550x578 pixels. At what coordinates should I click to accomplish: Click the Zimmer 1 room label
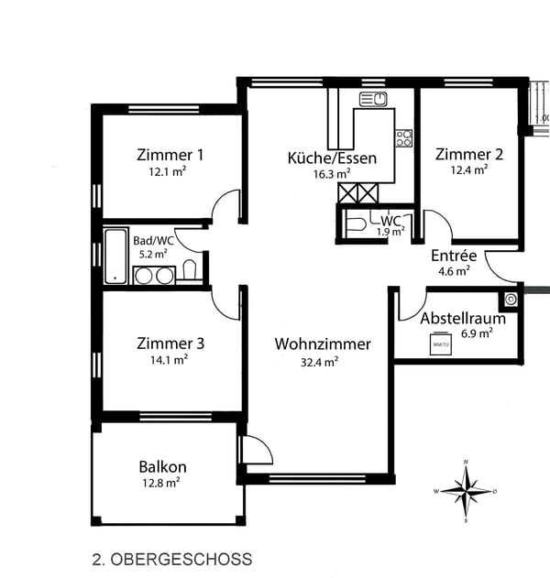click(170, 154)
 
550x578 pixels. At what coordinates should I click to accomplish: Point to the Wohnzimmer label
click(323, 344)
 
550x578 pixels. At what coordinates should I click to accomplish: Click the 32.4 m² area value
click(319, 361)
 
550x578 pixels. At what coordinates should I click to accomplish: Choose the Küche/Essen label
click(332, 158)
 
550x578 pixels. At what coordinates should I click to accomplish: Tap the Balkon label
click(163, 466)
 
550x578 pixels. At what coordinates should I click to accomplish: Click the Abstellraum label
click(463, 319)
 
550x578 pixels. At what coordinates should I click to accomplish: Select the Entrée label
click(454, 255)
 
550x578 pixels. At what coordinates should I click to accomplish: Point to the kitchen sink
click(373, 99)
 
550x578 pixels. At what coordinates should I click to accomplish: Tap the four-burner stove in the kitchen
click(403, 138)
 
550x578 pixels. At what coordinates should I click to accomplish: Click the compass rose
click(466, 490)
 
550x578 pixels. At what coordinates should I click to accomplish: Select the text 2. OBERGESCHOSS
click(171, 558)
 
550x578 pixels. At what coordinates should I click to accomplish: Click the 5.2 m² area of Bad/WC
click(153, 254)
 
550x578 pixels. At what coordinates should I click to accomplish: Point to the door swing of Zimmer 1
click(225, 209)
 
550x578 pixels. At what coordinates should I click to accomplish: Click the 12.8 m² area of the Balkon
click(160, 482)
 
